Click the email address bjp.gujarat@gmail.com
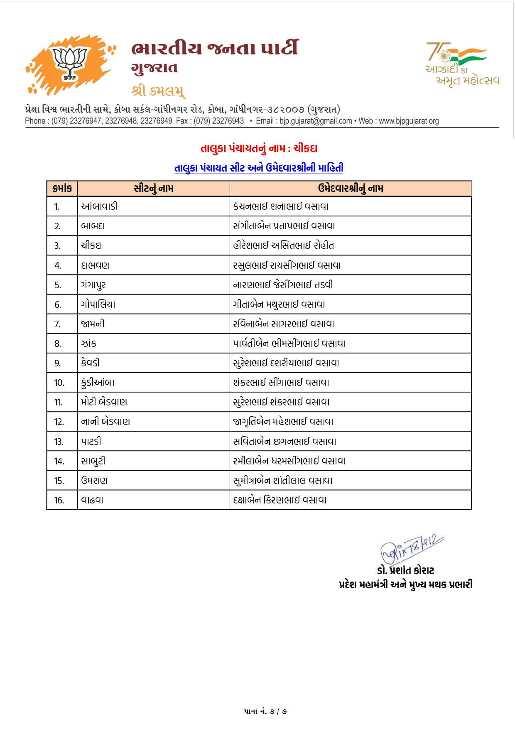316,121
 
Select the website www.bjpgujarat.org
409,121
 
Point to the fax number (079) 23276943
219,121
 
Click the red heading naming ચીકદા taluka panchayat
259,148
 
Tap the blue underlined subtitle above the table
259,168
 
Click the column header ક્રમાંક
62,189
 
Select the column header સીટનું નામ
154,189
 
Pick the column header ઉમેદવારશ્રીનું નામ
351,189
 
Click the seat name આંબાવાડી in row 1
99,206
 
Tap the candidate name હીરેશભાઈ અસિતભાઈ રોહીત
284,245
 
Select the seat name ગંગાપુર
93,285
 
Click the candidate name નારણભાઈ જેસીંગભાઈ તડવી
283,285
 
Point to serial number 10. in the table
59,383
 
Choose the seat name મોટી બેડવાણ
104,402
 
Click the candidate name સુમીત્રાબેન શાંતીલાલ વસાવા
283,481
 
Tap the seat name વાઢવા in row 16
92,500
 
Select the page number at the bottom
265,712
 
